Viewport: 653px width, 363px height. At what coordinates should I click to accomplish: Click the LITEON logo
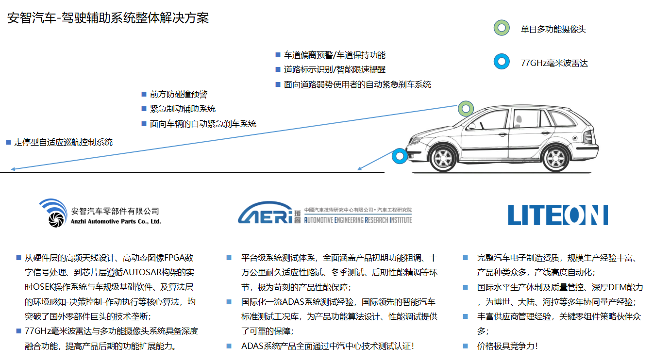click(x=558, y=215)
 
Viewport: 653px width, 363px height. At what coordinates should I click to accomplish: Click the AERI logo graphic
click(x=265, y=213)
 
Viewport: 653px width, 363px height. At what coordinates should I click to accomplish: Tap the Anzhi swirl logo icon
click(x=53, y=213)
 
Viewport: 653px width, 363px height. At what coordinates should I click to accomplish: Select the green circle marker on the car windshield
click(x=466, y=109)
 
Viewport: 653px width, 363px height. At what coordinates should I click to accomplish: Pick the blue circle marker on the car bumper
click(x=400, y=156)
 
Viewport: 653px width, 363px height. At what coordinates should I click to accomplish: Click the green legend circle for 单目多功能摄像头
click(x=502, y=28)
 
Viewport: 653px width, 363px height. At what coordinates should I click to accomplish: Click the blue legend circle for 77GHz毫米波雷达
click(x=502, y=62)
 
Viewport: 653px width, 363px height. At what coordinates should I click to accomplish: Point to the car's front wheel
click(x=443, y=159)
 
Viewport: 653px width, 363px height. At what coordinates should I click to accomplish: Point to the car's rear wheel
click(x=555, y=159)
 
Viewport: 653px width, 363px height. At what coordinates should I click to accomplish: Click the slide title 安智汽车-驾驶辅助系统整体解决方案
click(x=108, y=18)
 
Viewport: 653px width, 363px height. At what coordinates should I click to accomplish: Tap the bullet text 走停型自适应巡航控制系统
click(x=63, y=142)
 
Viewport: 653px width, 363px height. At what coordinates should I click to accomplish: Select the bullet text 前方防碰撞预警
click(x=178, y=94)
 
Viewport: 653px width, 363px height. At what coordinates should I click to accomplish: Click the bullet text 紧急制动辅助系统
click(x=183, y=109)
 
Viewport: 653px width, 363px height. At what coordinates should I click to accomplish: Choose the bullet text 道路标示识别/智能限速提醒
click(x=335, y=69)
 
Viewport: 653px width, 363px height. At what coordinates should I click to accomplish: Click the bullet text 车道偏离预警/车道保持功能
click(x=335, y=55)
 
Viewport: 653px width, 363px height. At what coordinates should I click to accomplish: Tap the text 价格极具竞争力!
click(x=507, y=346)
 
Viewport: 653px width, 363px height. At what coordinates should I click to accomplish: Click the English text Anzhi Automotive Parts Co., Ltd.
click(x=116, y=221)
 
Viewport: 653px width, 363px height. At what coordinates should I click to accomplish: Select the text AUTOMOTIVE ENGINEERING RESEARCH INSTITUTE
click(x=358, y=220)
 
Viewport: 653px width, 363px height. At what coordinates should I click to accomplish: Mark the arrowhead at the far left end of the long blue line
click(x=13, y=169)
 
